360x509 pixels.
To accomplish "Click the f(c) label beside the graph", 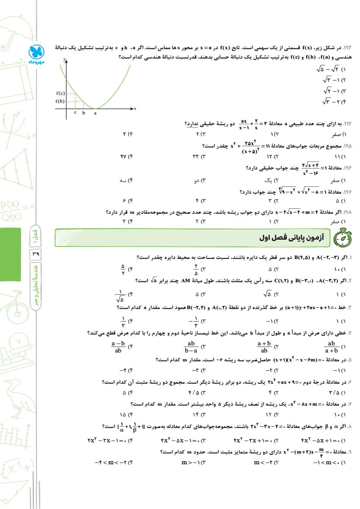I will click(60, 93).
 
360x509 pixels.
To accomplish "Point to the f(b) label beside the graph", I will click(60, 102).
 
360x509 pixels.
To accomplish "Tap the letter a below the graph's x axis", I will click(95, 113).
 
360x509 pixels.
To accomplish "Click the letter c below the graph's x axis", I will click(75, 112).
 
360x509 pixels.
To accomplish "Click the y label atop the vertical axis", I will click(65, 59).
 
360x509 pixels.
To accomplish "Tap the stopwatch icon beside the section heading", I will click(342, 238).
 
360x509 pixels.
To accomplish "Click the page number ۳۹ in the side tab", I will click(35, 255).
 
